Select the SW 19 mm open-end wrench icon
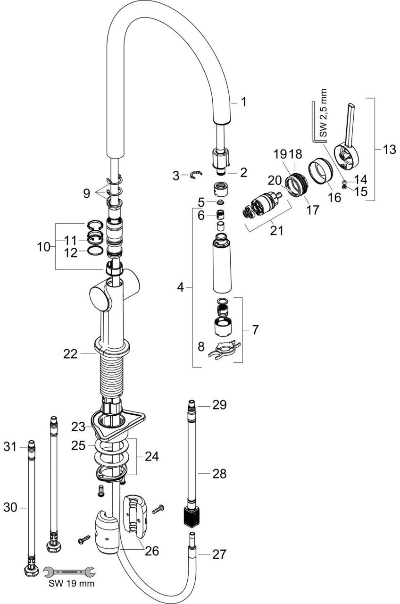coord(69,572)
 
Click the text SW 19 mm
coord(72,584)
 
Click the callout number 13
coord(389,150)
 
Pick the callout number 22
coord(70,353)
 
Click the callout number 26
coord(152,551)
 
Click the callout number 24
coord(152,456)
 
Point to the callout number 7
coord(255,330)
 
